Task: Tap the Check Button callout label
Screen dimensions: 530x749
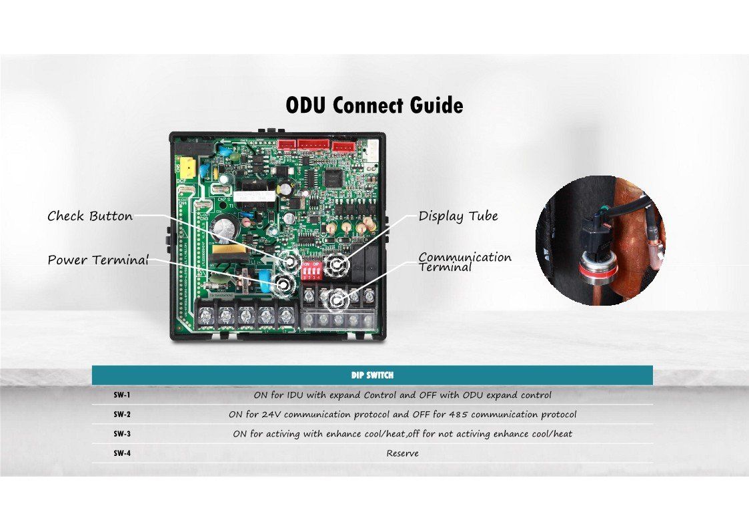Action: [90, 216]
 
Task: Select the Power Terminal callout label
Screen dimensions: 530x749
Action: [97, 260]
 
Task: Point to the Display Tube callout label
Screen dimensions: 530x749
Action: [458, 216]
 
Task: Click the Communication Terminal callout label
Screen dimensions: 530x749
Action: [465, 262]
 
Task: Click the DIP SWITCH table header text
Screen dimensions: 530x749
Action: [372, 375]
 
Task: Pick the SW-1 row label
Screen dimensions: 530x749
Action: [121, 394]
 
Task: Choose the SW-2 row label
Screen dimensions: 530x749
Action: [121, 414]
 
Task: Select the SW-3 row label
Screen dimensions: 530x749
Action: [121, 434]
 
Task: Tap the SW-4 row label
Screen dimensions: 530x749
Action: [121, 453]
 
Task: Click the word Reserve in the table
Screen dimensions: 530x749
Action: [403, 454]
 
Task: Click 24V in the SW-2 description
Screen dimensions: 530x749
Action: [278, 415]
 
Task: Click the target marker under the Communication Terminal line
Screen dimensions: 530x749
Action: [337, 302]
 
